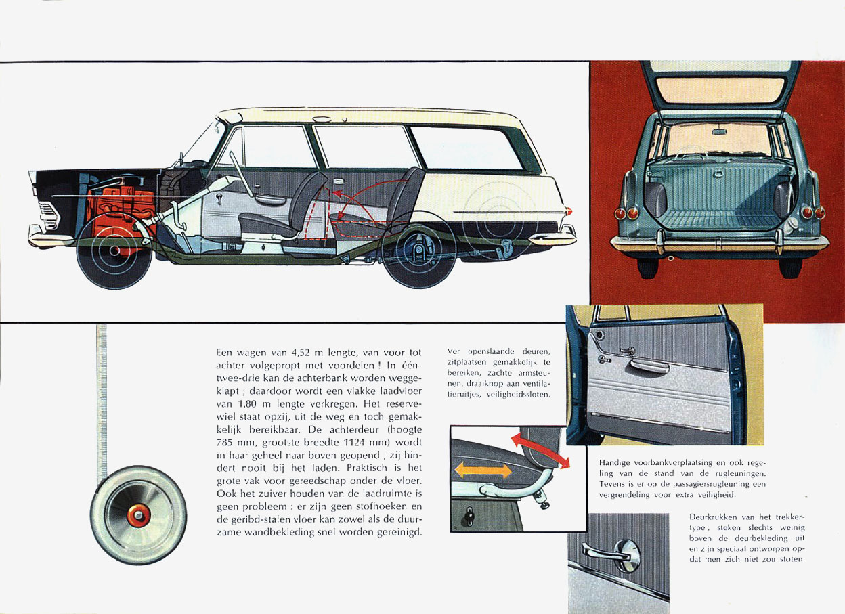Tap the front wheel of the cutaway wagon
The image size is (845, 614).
coord(114,250)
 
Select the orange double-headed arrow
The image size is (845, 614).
coord(483,470)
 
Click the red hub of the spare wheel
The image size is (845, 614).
coord(138,515)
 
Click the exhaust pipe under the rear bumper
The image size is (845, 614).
coord(670,258)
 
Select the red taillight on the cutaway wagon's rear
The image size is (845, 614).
coord(569,211)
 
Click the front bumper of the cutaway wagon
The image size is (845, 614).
coord(49,236)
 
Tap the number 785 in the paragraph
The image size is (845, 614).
coord(225,442)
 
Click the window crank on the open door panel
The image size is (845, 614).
coord(605,359)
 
